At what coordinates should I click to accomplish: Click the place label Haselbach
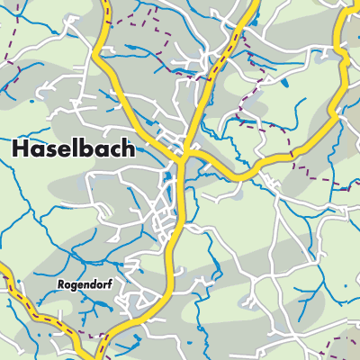76,150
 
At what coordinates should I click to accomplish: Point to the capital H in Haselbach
22,150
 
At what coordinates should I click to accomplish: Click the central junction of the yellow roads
183,155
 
